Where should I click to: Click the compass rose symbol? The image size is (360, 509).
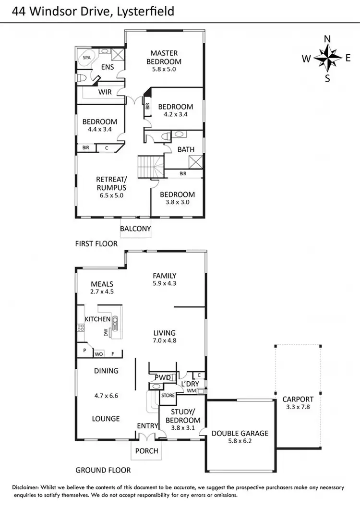328,59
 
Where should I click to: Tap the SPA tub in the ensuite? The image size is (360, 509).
87,58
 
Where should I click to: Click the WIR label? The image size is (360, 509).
105,92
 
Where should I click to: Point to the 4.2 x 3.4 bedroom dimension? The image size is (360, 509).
176,115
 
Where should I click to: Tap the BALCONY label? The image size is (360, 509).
135,229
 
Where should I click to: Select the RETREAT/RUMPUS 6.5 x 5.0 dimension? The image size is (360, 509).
111,195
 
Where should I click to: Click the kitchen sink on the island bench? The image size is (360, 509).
115,326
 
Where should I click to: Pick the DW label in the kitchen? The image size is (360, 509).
106,332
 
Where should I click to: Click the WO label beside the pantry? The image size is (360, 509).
98,354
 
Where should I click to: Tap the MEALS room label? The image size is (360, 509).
102,284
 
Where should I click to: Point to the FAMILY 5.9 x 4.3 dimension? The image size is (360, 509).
164,284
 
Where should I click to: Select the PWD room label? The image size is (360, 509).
162,377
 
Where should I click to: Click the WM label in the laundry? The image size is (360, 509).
192,391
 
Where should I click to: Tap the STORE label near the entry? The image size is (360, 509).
168,396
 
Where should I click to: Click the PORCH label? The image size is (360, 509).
146,451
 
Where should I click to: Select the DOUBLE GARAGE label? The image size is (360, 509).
240,433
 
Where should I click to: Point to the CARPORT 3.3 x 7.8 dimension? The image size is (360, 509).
298,407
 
